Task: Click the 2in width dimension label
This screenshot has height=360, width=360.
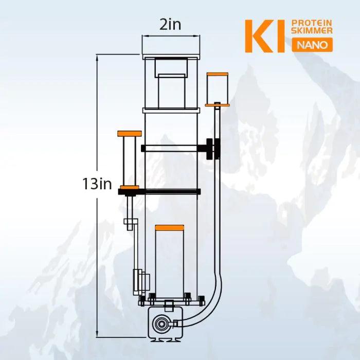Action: [170, 25]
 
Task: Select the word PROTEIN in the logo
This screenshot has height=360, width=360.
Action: [312, 24]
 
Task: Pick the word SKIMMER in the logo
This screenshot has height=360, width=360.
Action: [312, 31]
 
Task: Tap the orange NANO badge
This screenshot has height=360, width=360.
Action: [312, 45]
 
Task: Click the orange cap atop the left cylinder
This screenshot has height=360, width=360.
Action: [128, 134]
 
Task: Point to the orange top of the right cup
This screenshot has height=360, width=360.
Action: [217, 74]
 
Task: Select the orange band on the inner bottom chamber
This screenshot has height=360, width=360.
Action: [170, 227]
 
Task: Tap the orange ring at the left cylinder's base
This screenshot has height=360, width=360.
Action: [128, 187]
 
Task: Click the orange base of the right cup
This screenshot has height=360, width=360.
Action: [217, 105]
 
